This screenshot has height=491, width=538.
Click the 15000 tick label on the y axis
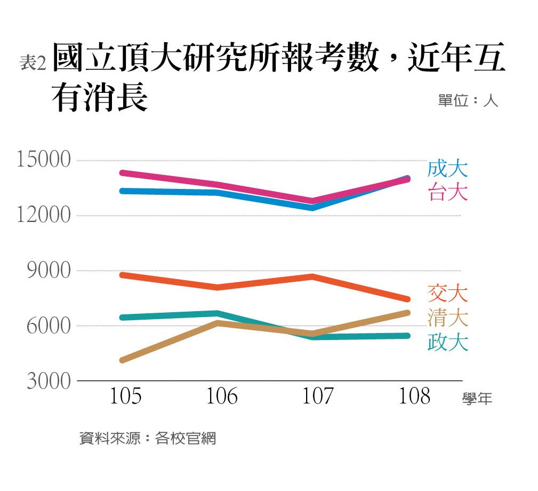pos(44,160)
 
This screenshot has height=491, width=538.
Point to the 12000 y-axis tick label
pos(44,215)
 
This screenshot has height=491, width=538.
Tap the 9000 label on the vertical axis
pos(49,270)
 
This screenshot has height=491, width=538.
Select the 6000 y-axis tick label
pos(49,326)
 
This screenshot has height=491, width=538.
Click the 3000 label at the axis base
pos(49,381)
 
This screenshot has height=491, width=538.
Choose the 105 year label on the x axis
pos(125,396)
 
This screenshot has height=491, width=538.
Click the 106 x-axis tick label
pos(222,396)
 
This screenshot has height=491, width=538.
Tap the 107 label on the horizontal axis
pos(318,396)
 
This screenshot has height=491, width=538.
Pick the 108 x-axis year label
pos(414,396)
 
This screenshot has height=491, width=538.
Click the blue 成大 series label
pos(448,169)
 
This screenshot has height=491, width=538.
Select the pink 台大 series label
pos(448,192)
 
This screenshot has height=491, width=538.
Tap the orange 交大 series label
pos(448,294)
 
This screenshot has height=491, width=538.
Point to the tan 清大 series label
pos(448,318)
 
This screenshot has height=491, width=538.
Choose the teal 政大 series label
pos(448,342)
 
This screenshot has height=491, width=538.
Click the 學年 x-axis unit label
pos(477,399)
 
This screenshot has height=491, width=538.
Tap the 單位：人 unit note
pos(468,101)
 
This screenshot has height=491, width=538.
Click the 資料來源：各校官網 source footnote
pos(148,439)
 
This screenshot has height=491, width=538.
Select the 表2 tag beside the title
pos(33,63)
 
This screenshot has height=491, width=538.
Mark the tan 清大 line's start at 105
pos(122,360)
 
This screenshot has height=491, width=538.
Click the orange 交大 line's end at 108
pos(407,299)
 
